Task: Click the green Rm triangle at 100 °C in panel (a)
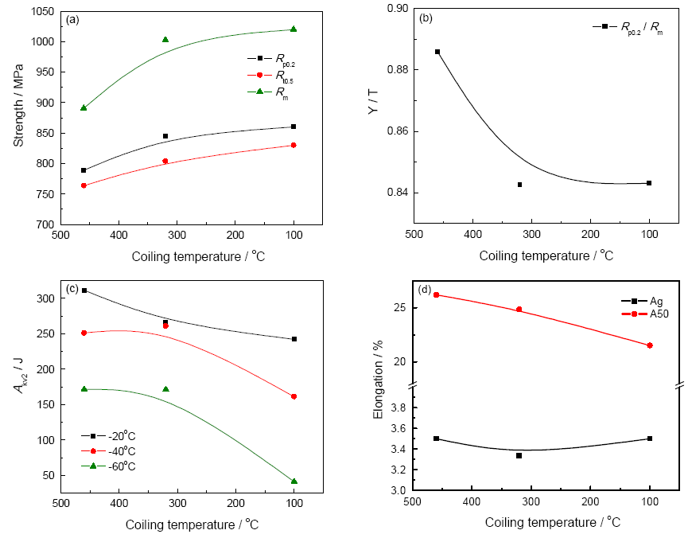(294, 29)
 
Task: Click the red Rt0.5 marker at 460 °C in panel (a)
(84, 185)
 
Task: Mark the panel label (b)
(426, 17)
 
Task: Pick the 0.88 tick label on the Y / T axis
(395, 70)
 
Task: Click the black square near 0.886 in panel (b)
(437, 52)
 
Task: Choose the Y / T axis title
(372, 118)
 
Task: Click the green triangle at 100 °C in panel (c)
(294, 481)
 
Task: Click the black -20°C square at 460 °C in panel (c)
(84, 290)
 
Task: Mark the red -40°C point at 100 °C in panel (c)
(294, 396)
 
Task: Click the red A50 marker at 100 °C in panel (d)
(650, 345)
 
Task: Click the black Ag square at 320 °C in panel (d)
(519, 455)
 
